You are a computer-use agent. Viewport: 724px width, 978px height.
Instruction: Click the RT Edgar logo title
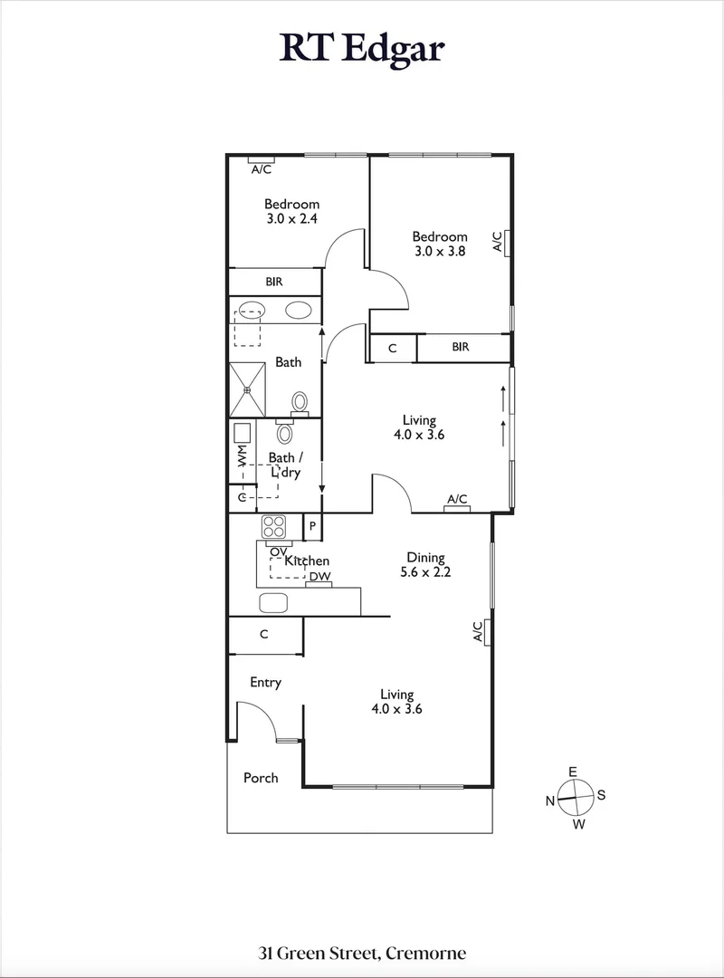pyautogui.click(x=362, y=46)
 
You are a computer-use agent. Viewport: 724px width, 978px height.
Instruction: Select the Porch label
pyautogui.click(x=261, y=778)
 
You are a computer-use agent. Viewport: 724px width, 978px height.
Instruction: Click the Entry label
pyautogui.click(x=265, y=683)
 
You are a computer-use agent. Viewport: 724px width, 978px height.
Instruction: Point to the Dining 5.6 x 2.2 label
pyautogui.click(x=424, y=565)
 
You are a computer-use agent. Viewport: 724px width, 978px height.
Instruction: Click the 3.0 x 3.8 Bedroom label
pyautogui.click(x=439, y=244)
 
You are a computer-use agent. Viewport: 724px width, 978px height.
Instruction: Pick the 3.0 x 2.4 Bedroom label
pyautogui.click(x=291, y=211)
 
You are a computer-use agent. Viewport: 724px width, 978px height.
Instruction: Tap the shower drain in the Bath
pyautogui.click(x=247, y=389)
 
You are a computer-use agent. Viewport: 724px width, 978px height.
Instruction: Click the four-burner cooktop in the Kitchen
pyautogui.click(x=273, y=526)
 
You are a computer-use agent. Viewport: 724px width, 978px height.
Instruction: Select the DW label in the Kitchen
pyautogui.click(x=319, y=577)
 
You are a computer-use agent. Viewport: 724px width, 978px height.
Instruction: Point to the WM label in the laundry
pyautogui.click(x=242, y=455)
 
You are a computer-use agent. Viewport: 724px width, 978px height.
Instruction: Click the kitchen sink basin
pyautogui.click(x=272, y=602)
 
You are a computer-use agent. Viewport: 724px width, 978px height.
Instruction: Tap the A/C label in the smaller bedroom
pyautogui.click(x=262, y=169)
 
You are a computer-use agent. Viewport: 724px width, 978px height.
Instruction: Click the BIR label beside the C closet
pyautogui.click(x=460, y=347)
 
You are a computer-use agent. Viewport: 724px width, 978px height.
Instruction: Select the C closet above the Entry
pyautogui.click(x=264, y=635)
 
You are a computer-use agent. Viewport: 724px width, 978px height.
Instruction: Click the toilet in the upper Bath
pyautogui.click(x=300, y=402)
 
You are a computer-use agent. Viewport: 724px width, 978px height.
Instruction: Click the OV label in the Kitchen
pyautogui.click(x=278, y=551)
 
